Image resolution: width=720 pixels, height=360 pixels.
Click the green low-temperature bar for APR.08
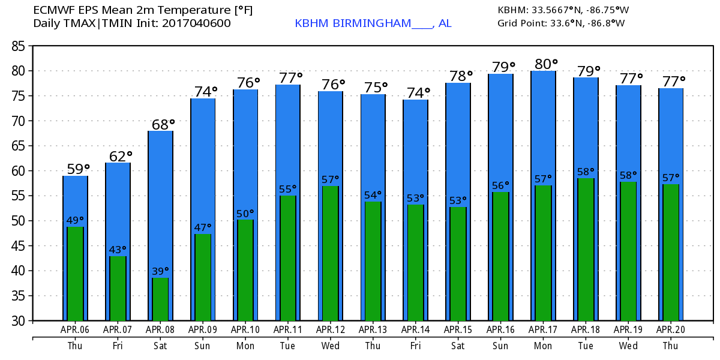click(x=160, y=299)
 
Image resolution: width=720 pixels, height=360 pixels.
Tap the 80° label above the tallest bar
click(x=546, y=64)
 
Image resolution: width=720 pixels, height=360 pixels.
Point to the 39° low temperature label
click(x=160, y=271)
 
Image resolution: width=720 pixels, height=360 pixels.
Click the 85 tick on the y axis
click(x=20, y=46)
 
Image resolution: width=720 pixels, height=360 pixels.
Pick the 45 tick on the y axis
click(x=20, y=246)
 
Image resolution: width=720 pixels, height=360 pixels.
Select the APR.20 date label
click(x=670, y=329)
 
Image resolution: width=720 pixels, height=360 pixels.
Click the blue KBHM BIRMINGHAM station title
click(x=373, y=23)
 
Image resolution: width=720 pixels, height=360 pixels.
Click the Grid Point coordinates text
click(x=561, y=23)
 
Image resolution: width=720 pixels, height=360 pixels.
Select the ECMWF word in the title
click(x=53, y=10)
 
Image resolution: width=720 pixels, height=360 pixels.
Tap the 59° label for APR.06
click(x=78, y=170)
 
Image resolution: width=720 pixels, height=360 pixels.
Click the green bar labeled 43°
click(x=118, y=288)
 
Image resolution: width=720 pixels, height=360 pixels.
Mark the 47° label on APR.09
click(x=202, y=228)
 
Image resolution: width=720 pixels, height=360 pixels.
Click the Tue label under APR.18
click(x=586, y=346)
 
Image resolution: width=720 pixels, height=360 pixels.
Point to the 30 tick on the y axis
click(x=20, y=321)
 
